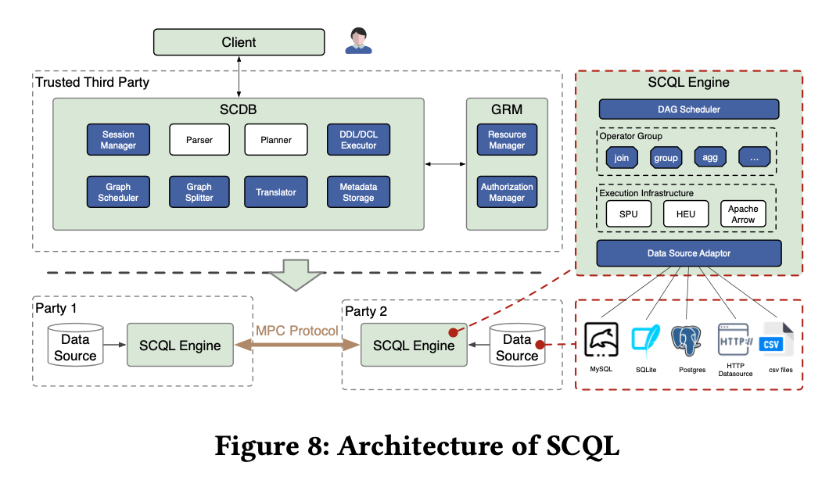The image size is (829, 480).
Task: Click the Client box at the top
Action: pos(239,42)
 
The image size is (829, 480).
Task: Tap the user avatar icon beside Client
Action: pos(358,41)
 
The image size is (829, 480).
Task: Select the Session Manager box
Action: pos(119,140)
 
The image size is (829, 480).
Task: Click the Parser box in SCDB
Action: pos(199,140)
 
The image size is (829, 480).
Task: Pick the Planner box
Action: pos(276,140)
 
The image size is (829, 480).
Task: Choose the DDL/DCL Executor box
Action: pos(358,140)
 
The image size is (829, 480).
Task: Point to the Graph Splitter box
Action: pos(199,192)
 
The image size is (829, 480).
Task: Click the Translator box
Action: pos(276,192)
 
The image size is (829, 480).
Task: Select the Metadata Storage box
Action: pos(358,192)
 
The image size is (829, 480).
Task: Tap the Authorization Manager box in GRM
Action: pos(507,192)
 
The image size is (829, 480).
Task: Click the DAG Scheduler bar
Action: pos(689,109)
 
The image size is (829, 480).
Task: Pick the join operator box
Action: pos(622,157)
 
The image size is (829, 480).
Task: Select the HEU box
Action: pos(686,214)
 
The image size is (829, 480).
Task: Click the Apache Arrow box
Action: pos(743,214)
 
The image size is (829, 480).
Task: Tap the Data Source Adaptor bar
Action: pos(689,253)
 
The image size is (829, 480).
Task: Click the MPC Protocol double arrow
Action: pos(297,344)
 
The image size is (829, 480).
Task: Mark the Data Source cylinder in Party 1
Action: pos(75,346)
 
